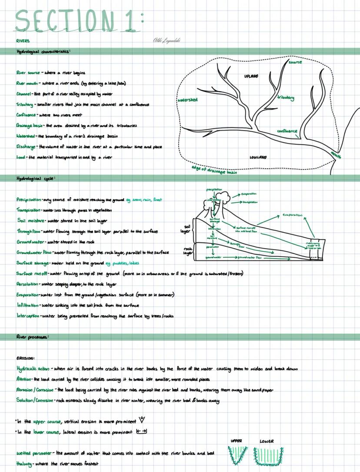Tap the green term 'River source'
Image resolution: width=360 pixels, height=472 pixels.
[x=28, y=73]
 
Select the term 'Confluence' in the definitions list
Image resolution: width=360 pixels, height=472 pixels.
[x=26, y=115]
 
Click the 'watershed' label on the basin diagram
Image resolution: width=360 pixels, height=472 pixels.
[x=187, y=100]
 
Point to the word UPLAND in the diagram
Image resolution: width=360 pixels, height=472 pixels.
[x=251, y=76]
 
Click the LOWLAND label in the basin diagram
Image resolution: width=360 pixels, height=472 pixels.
[x=258, y=157]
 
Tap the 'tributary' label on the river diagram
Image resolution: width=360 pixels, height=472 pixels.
[x=286, y=98]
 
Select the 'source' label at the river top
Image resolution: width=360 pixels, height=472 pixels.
[x=295, y=62]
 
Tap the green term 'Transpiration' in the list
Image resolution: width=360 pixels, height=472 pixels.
[x=28, y=210]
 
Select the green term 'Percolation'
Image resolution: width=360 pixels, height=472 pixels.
[x=27, y=284]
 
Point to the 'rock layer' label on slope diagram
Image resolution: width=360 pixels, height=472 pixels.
[x=187, y=251]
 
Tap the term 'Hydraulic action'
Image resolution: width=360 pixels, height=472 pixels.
[x=33, y=369]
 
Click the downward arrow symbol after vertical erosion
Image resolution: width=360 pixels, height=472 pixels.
[x=141, y=420]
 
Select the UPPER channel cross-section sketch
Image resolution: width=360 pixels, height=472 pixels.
[x=237, y=455]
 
